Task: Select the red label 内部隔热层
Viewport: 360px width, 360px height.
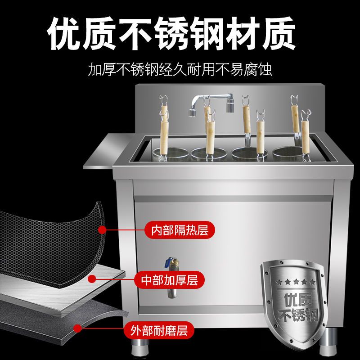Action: [179, 230]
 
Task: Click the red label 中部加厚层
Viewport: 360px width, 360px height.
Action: [168, 280]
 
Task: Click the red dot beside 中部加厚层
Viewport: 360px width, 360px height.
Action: [92, 279]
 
